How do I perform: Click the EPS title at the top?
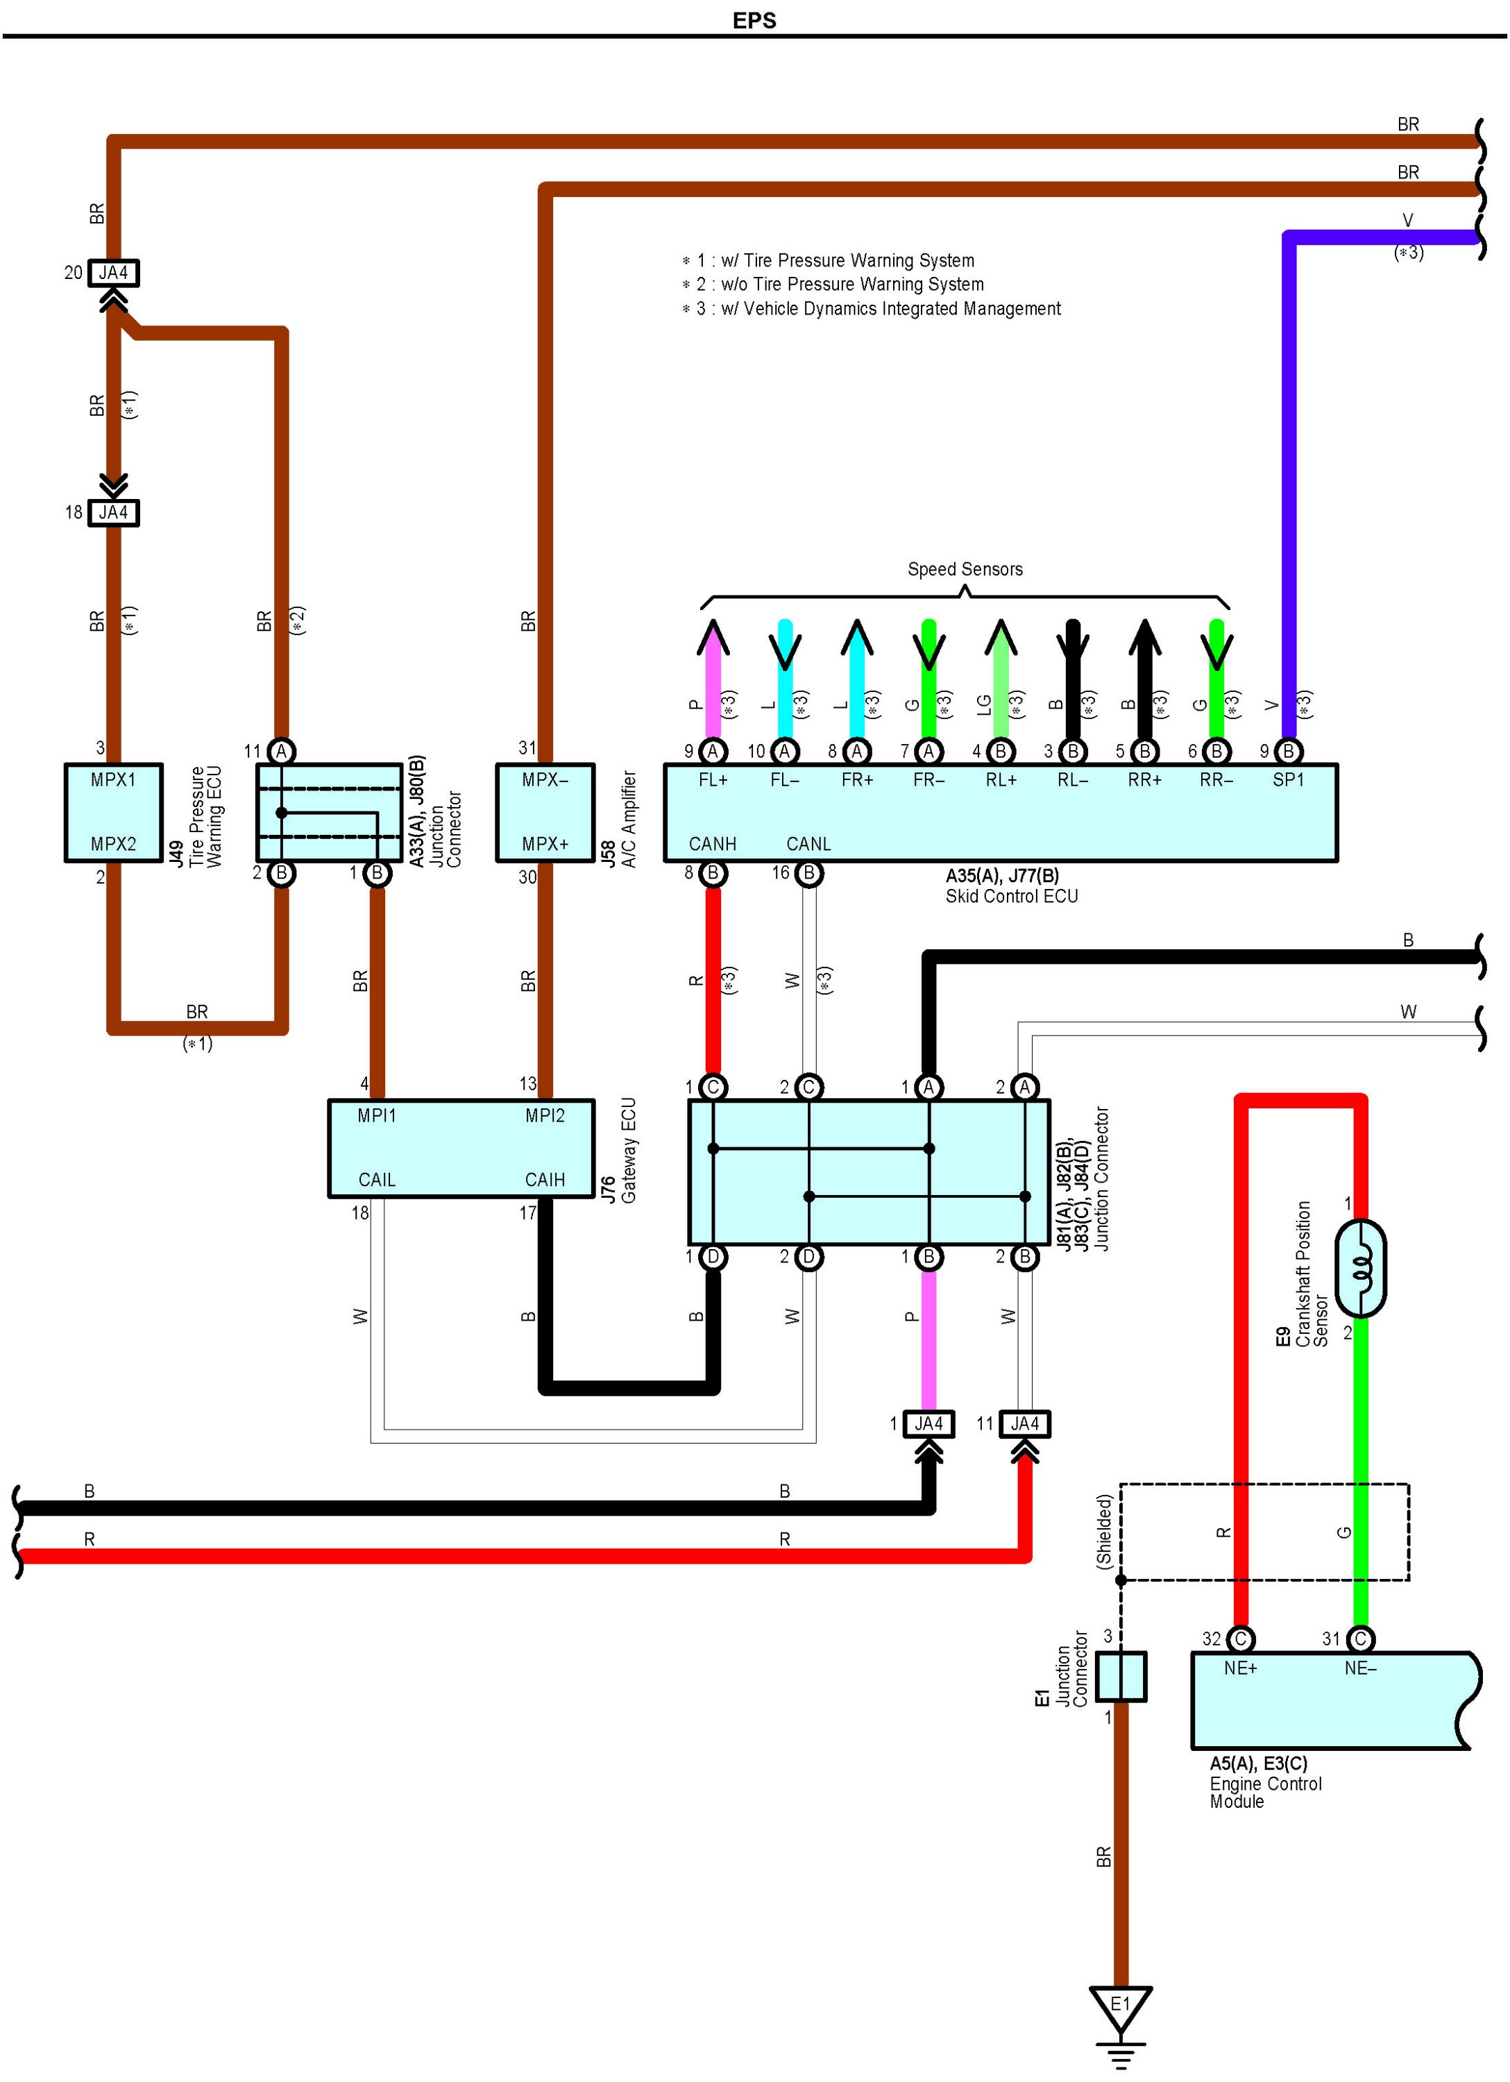(754, 20)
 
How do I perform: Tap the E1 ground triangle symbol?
(1120, 2007)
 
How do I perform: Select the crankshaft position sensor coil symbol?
(1360, 1268)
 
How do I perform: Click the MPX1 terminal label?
(113, 779)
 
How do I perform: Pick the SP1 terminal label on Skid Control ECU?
(1288, 779)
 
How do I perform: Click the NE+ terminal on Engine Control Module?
(1240, 1668)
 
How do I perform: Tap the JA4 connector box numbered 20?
(113, 273)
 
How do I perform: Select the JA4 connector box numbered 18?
(113, 512)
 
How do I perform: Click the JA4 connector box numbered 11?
(1024, 1424)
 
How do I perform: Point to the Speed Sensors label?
(965, 569)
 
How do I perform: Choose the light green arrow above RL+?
(1001, 643)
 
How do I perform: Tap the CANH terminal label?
(712, 844)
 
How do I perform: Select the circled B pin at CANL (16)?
(808, 873)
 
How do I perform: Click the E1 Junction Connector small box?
(1121, 1676)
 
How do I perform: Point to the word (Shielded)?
(1104, 1530)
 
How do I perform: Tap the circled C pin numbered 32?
(1240, 1639)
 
